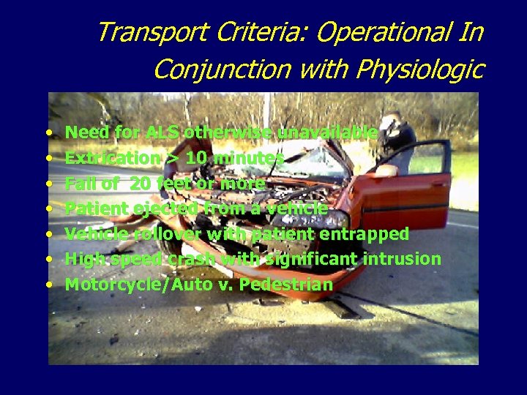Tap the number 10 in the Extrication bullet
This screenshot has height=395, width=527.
(x=201, y=158)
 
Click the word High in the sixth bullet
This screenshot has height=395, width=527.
(x=81, y=260)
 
